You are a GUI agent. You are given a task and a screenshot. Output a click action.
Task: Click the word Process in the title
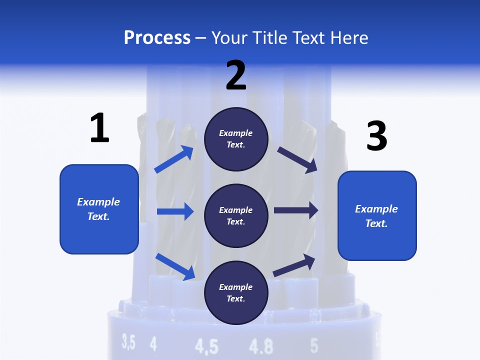coord(157,38)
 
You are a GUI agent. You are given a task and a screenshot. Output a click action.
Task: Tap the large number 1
coord(99,128)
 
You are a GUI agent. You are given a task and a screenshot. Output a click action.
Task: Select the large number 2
coord(236,75)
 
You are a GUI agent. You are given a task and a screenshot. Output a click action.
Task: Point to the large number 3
coord(376,136)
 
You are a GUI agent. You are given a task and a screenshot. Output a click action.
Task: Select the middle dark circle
coord(236,215)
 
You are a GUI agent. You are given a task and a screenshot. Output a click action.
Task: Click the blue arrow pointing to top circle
coord(174,159)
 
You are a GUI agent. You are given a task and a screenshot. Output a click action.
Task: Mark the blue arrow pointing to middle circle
coord(175,211)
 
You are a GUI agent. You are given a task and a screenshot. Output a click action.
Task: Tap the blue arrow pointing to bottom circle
coord(175,266)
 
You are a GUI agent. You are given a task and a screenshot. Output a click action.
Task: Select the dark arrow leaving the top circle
coord(297,159)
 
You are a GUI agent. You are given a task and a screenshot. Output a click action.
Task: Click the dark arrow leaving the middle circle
coord(295,210)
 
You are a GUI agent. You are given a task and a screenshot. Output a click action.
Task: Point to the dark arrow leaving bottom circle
coord(294,265)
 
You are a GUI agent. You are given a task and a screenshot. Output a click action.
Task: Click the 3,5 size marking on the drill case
coord(128,342)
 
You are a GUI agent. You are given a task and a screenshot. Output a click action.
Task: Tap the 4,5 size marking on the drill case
coord(206,346)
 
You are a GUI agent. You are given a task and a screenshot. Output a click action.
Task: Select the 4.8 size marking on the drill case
coord(261,346)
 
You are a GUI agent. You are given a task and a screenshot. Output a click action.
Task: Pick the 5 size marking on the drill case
coord(314,345)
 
